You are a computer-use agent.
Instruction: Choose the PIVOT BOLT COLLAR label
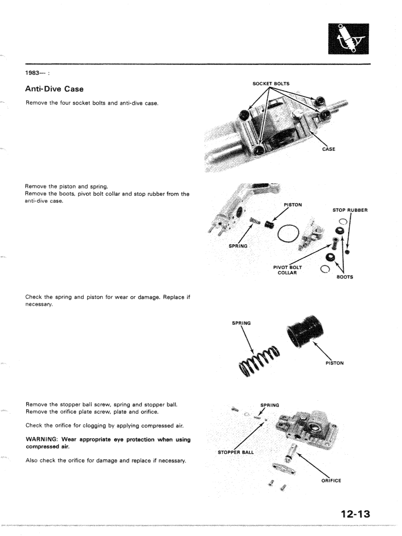(287, 269)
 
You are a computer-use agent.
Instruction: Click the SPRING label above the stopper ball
(269, 405)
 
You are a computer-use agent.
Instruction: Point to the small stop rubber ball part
(348, 252)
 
